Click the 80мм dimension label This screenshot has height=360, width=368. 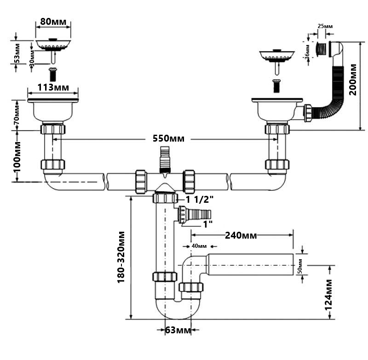53,21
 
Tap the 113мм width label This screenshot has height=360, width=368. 53,87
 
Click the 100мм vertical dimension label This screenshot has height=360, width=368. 17,157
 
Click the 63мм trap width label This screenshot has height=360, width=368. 178,330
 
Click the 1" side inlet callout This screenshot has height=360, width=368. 208,224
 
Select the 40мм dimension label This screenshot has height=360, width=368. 198,246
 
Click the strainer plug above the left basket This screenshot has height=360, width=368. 53,45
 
